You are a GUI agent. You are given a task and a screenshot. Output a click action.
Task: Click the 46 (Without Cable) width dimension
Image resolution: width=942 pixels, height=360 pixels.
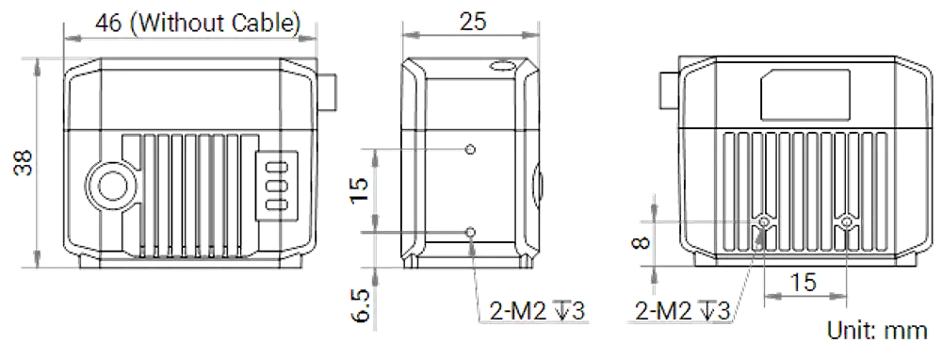[x=198, y=24]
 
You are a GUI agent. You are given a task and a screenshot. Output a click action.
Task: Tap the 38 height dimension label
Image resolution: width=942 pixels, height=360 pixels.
[x=24, y=162]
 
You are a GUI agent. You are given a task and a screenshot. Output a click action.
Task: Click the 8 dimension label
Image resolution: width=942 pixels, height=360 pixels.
[x=642, y=243]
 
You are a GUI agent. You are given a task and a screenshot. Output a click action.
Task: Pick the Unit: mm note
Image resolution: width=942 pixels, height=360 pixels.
[x=876, y=330]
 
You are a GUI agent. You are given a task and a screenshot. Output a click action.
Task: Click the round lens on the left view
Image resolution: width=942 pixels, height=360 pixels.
[x=112, y=187]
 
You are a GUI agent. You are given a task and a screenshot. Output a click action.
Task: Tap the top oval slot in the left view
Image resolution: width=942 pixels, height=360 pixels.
[x=276, y=166]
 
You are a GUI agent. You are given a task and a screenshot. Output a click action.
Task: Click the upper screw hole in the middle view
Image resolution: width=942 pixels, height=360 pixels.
[x=471, y=149]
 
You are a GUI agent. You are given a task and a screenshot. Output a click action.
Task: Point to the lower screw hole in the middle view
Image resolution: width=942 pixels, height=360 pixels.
[x=471, y=232]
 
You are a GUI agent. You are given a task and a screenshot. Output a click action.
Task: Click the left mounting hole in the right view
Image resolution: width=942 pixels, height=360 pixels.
[x=764, y=222]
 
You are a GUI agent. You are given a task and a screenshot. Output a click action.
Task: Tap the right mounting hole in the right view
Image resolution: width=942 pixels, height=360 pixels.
[x=847, y=222]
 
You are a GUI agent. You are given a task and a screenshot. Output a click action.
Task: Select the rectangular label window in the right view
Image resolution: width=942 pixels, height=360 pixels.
[x=805, y=93]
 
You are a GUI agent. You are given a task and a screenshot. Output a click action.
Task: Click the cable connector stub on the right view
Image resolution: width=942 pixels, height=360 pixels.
[x=670, y=90]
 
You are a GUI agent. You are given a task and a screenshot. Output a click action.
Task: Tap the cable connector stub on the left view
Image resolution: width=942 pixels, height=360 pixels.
[x=326, y=92]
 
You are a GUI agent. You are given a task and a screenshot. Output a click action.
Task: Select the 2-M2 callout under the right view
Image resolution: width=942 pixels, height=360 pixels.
[x=681, y=311]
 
